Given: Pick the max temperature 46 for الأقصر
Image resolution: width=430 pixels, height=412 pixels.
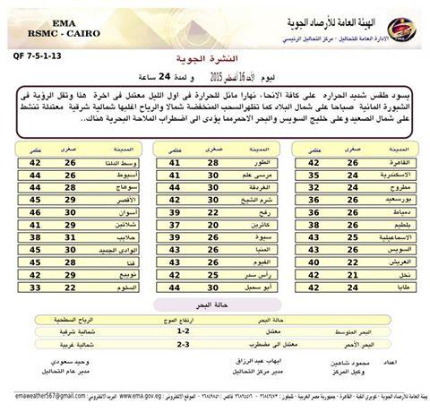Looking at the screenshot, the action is (38, 202).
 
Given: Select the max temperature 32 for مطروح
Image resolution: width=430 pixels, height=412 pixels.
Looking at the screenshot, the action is (314, 188).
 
